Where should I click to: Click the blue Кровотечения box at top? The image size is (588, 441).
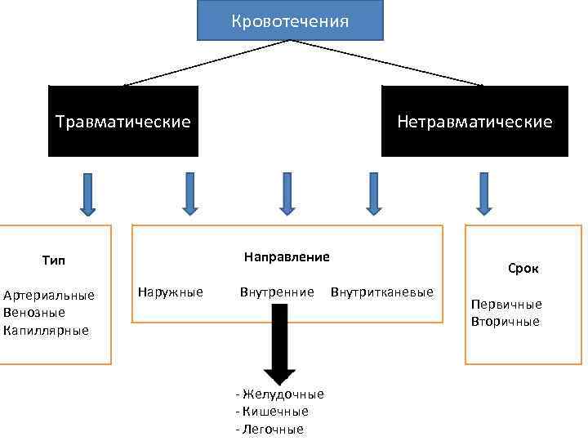coord(290,20)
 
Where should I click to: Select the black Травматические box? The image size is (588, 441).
coord(123,122)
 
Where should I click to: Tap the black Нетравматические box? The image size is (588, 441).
coord(474,122)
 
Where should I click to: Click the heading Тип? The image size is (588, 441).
coord(53,261)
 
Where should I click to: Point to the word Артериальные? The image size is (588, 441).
coord(49,295)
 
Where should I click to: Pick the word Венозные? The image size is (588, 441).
coord(34,313)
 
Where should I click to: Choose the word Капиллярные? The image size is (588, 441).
coord(46,331)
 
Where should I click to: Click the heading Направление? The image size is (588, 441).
coord(287,256)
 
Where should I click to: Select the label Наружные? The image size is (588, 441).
coord(171,292)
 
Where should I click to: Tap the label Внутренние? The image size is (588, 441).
coord(277,292)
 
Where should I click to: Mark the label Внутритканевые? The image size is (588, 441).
coord(382,292)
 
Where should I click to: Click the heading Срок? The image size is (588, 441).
coord(523,268)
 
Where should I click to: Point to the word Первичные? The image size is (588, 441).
coord(506,304)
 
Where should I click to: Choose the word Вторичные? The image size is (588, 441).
coord(505,322)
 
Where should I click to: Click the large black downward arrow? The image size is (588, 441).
coord(279,343)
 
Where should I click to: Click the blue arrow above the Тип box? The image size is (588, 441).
coord(87,194)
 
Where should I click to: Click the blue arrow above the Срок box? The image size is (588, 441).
coord(484,194)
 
